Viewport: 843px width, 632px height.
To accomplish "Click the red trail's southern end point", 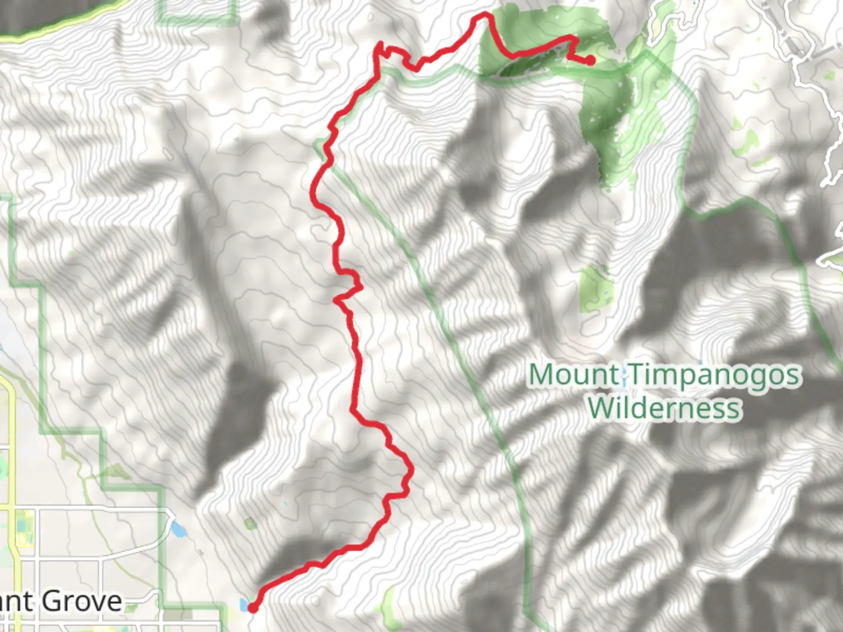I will (x=253, y=609).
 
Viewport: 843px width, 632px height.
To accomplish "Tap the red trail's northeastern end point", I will (x=591, y=60).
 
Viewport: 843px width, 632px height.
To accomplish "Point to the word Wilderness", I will (x=664, y=408).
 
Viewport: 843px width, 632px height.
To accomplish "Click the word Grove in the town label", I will (x=82, y=601).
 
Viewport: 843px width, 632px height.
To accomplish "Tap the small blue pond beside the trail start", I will (x=243, y=604).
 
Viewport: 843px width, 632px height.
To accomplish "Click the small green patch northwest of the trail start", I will (x=251, y=524).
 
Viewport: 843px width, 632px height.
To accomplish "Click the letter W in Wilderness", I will (x=602, y=408).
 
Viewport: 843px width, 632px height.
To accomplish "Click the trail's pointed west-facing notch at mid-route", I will (x=336, y=300).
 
